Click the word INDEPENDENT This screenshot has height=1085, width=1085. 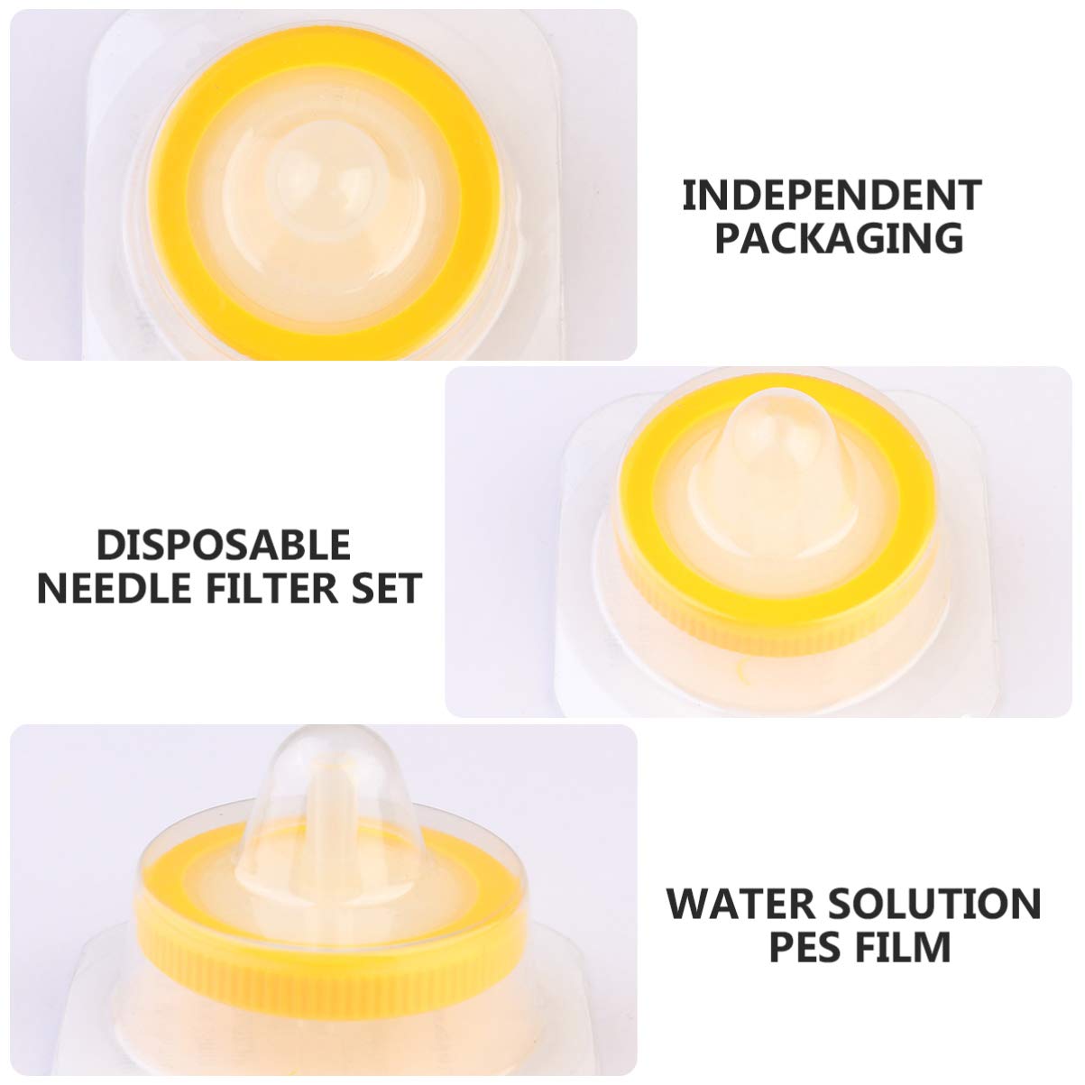[x=832, y=195]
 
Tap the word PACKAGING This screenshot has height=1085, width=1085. [x=839, y=238]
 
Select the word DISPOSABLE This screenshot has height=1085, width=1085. [x=224, y=545]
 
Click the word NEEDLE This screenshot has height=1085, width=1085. [x=114, y=588]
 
